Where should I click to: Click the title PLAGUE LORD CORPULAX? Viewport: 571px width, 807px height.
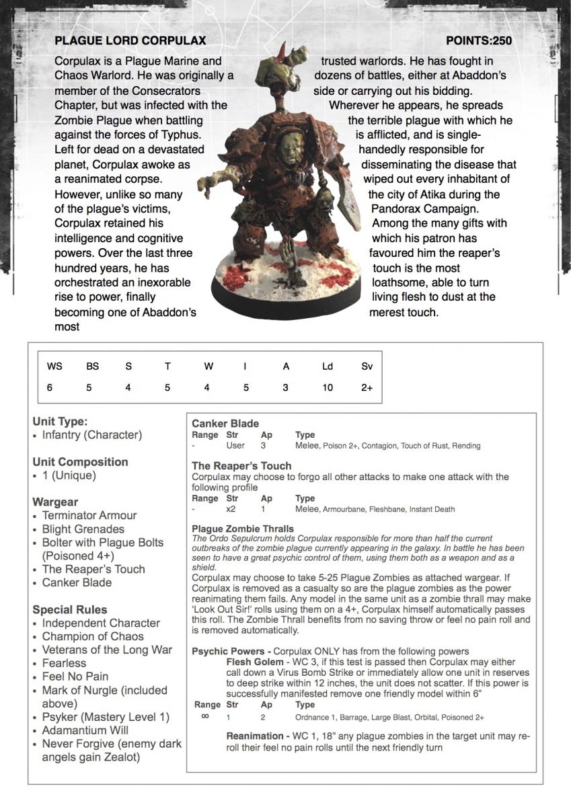130,41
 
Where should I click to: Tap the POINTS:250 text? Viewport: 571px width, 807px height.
479,41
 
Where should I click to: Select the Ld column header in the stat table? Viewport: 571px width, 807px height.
327,367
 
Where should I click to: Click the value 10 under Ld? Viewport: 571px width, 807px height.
327,387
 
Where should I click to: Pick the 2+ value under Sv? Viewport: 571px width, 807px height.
367,387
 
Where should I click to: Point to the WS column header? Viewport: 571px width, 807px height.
54,367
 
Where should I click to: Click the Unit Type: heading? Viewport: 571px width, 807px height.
60,422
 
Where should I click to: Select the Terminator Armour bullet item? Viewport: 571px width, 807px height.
89,515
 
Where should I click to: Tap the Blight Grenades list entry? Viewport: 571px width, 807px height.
83,529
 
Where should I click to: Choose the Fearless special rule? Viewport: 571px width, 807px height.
64,663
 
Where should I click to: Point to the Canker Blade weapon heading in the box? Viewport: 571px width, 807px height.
225,424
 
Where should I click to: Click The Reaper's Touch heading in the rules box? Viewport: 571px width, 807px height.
241,465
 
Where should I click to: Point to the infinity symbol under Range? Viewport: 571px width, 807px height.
205,716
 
